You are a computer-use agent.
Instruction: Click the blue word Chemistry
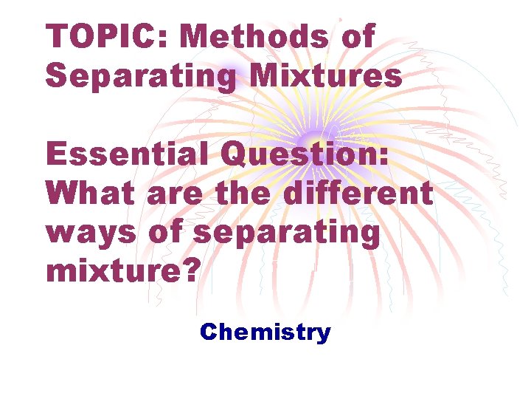click(265, 332)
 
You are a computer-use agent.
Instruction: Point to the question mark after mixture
click(190, 270)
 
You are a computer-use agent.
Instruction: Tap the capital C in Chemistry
click(208, 332)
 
